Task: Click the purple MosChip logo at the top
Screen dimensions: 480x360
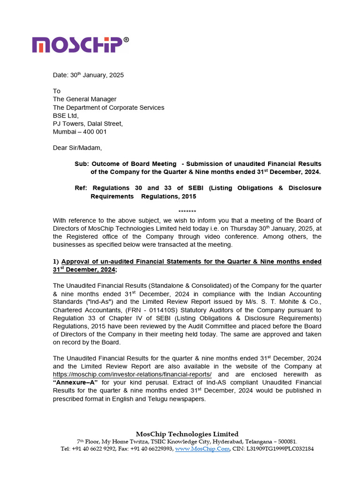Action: tap(77, 45)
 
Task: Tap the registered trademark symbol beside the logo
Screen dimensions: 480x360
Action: tap(126, 40)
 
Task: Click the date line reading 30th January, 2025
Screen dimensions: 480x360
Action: tap(88, 75)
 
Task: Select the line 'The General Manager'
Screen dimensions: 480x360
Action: tap(84, 99)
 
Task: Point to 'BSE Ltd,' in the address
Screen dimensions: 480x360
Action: tap(66, 115)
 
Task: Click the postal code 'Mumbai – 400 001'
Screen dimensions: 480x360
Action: tap(80, 132)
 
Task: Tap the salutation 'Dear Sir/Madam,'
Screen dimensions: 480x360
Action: tap(77, 148)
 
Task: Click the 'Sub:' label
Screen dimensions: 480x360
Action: tap(81, 164)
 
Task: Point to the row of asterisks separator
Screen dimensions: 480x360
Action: tap(187, 212)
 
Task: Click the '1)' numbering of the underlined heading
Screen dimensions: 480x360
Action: tap(56, 261)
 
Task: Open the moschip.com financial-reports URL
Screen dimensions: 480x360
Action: tap(132, 375)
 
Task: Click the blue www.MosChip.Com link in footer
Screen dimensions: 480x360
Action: tap(202, 449)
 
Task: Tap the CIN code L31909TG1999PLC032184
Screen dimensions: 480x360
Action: tap(280, 449)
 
